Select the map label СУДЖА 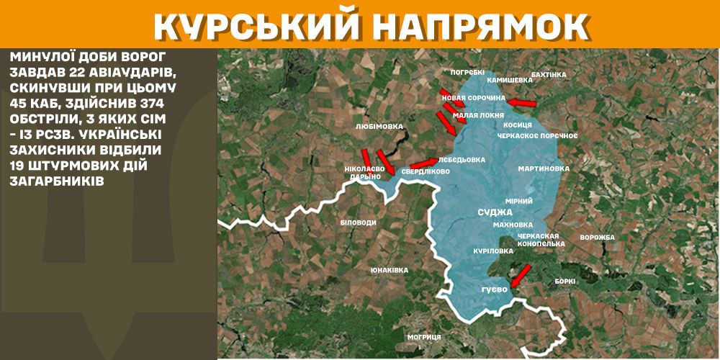(x=495, y=212)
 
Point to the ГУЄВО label (x=495, y=289)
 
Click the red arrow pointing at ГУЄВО (x=520, y=274)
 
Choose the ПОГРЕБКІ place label (x=468, y=72)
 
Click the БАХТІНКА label (x=549, y=74)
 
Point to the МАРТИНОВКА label (x=544, y=168)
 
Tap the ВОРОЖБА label (x=597, y=238)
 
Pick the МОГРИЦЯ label (x=423, y=336)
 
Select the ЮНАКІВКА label (x=389, y=270)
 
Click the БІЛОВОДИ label (x=358, y=222)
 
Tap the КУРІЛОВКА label (x=493, y=251)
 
